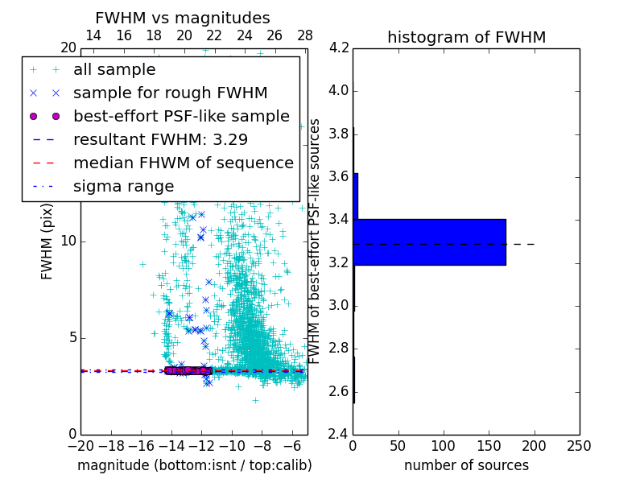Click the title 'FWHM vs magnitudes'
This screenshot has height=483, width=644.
tap(183, 18)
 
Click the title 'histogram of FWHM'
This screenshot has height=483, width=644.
tap(466, 37)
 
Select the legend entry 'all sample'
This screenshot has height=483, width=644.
tap(114, 70)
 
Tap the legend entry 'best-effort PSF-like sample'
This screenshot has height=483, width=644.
tap(181, 116)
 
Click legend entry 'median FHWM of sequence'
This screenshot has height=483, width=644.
tap(183, 163)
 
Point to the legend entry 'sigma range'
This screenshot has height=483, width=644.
tap(123, 186)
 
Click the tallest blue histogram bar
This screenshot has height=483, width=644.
tap(430, 242)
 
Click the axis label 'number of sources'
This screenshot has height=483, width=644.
tap(466, 465)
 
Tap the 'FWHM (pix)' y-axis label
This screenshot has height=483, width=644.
tap(47, 241)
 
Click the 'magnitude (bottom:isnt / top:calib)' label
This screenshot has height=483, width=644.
tap(194, 465)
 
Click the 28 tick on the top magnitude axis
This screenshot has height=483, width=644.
tap(305, 35)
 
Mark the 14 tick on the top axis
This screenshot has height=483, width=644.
tap(93, 35)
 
